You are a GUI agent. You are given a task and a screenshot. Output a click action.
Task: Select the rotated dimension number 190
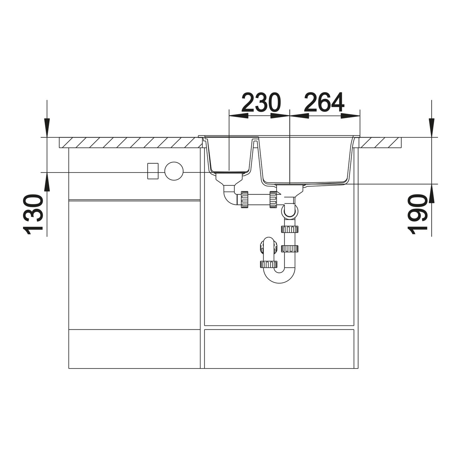coord(417,214)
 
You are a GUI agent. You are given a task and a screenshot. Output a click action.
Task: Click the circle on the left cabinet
coord(174,171)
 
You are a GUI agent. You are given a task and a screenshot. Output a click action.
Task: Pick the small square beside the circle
coord(153,171)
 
